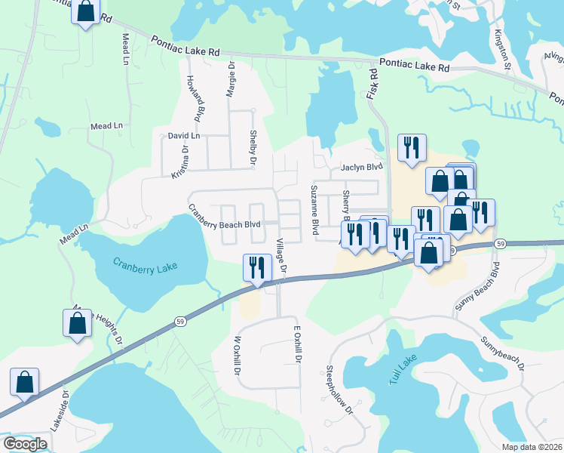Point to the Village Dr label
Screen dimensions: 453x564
click(281, 256)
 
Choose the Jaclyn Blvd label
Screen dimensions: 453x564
click(362, 168)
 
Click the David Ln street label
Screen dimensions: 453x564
click(184, 137)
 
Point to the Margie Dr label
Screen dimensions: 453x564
click(231, 81)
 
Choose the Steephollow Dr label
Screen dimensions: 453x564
click(339, 390)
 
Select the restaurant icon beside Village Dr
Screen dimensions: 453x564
click(256, 268)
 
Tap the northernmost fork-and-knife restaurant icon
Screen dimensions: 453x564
click(412, 148)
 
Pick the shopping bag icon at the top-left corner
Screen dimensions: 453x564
click(86, 11)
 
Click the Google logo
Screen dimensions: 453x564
click(24, 444)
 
